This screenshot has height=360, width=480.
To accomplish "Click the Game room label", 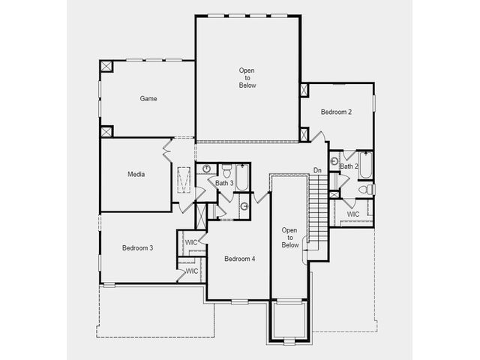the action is click(148, 98).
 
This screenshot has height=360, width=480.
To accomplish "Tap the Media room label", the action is click(136, 174).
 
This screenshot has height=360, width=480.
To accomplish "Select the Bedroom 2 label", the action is click(336, 112).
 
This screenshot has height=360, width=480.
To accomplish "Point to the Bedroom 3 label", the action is click(137, 247).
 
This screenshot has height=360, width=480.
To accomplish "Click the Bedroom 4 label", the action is click(240, 259).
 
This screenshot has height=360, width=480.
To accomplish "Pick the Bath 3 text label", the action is click(224, 183).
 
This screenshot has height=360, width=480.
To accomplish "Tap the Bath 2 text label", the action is click(349, 166).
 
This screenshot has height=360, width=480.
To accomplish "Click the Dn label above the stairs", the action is click(317, 170).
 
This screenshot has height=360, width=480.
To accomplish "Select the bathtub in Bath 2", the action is click(366, 165).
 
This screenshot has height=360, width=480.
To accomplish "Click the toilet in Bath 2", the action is click(366, 189).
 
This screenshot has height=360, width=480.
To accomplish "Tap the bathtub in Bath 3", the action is click(241, 178).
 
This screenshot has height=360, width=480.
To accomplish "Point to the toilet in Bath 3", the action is click(226, 171).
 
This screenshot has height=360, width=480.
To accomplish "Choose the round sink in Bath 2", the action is click(334, 160).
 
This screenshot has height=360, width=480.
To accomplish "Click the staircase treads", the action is click(318, 208).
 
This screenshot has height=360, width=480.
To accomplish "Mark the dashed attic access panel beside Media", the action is click(184, 180).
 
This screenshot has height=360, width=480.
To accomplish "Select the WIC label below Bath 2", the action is click(353, 214).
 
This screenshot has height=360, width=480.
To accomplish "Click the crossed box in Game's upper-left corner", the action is click(106, 67).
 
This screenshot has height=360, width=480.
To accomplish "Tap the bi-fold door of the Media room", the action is click(167, 149).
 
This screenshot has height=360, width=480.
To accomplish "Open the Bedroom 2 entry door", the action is click(317, 136).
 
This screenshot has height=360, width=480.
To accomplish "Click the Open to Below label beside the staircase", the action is click(290, 238).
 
